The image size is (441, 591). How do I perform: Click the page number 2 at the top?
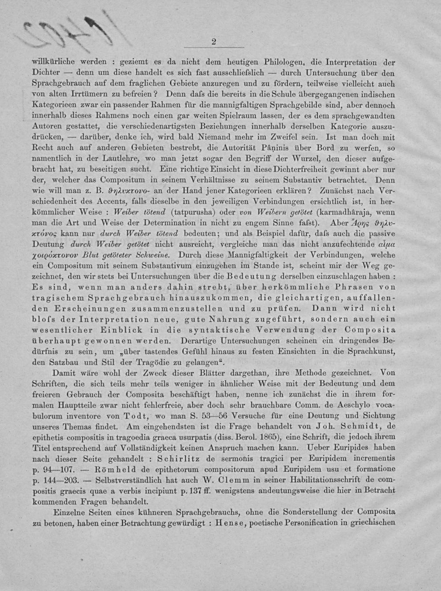click(214, 42)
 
